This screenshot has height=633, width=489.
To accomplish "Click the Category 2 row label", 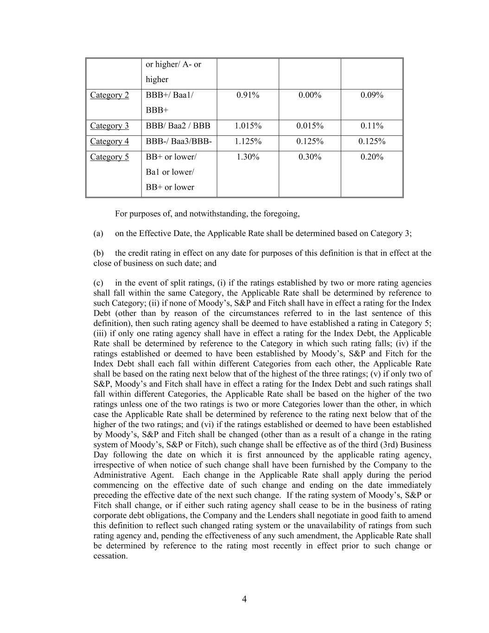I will tap(109, 95).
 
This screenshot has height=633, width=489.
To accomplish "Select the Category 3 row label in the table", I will tap(109, 126).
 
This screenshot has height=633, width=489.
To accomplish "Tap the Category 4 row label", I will tap(109, 141).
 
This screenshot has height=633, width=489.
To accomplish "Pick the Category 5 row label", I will tap(109, 157).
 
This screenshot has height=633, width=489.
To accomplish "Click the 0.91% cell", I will tap(248, 95).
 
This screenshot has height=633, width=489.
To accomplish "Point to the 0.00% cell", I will tap(310, 95).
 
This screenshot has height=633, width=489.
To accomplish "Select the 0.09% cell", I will tap(372, 95).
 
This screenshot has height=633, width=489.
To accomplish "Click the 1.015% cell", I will tap(248, 126).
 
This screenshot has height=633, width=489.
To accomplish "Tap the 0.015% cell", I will tap(310, 126).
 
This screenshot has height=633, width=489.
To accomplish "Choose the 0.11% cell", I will tap(372, 126).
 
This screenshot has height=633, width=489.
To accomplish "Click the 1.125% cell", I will tap(248, 141).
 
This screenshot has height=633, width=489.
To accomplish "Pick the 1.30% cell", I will tap(248, 157).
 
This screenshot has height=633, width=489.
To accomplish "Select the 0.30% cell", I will tap(310, 157).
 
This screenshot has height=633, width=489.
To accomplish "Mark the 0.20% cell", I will tap(372, 157).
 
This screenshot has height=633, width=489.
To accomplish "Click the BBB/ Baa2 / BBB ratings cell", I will tap(178, 126).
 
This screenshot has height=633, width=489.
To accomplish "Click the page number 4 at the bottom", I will tap(244, 599).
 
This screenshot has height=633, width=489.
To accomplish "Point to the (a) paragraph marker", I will tap(98, 233).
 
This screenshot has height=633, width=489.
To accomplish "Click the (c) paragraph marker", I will tap(98, 283).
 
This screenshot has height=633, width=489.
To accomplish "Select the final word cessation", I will tap(110, 556).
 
